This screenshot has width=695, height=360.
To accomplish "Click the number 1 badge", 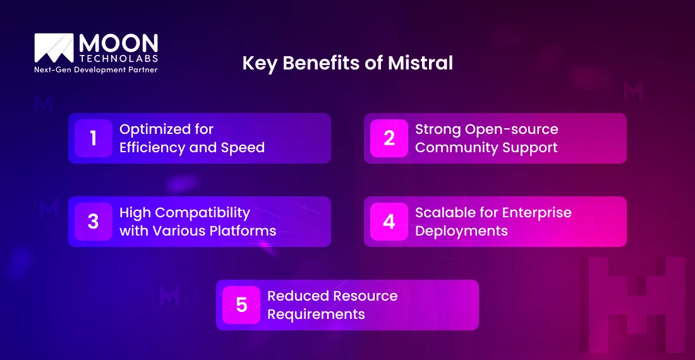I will (94, 138).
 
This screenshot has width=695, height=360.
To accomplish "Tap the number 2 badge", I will (389, 138).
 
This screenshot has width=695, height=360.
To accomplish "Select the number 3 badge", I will (94, 222).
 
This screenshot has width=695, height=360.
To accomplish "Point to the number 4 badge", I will (389, 222).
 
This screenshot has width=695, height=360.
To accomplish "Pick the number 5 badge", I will (241, 305).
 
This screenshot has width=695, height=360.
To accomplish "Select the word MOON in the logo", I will (118, 44).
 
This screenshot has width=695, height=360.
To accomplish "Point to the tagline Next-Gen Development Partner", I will (96, 69).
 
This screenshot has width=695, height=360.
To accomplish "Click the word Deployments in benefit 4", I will (461, 231).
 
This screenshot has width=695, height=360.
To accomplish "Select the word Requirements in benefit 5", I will (316, 314).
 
